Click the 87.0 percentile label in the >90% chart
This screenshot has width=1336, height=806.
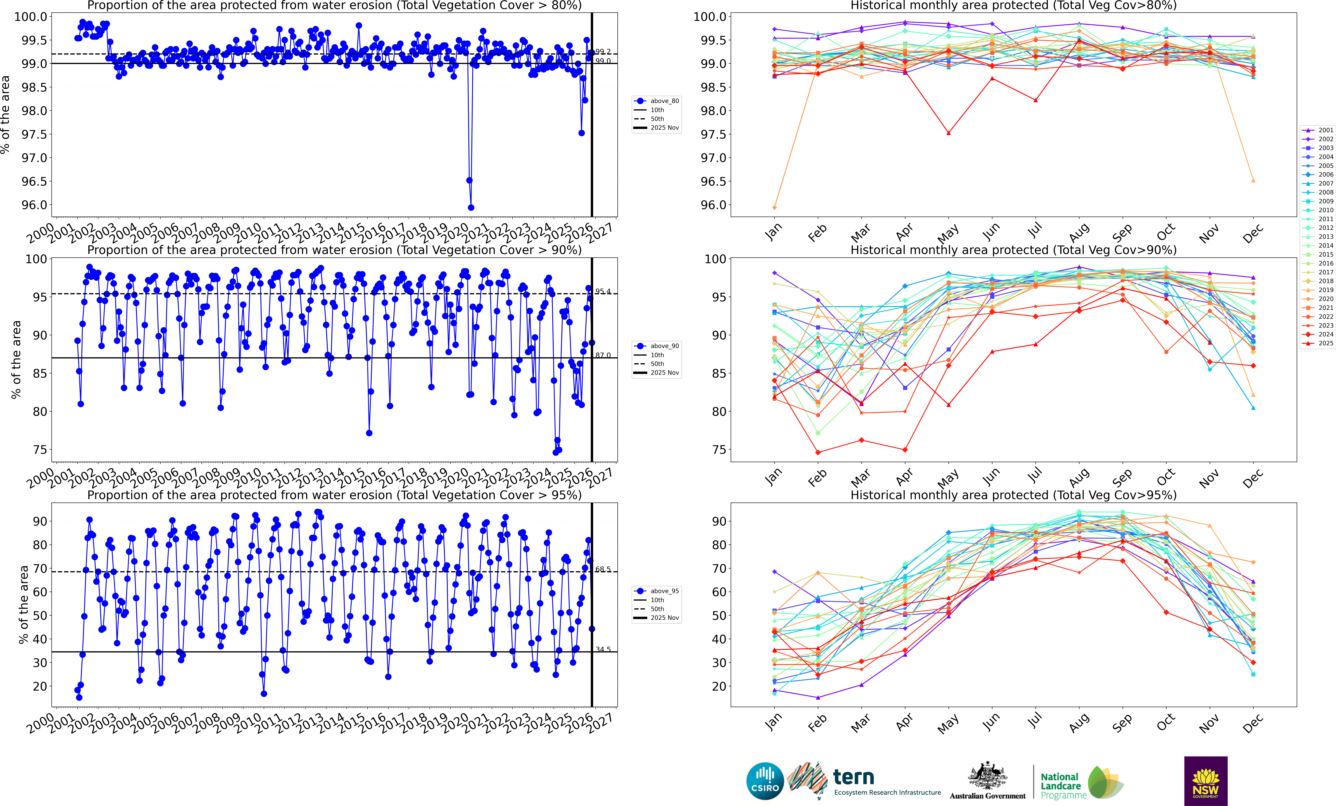(603, 355)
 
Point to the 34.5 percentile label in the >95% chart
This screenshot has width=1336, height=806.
(603, 649)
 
